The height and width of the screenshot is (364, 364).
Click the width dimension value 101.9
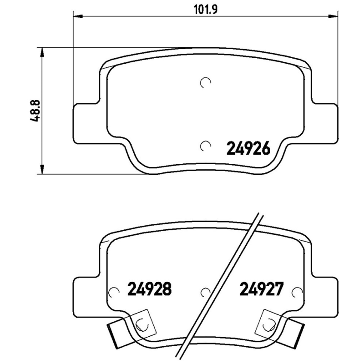tap(206, 10)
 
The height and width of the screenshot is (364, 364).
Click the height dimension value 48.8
tap(35, 111)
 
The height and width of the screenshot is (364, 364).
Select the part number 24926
tap(248, 148)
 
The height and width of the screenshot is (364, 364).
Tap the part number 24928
tap(150, 289)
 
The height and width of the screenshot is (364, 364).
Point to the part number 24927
tap(262, 289)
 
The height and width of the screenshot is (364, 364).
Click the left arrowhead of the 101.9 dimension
tap(78, 16)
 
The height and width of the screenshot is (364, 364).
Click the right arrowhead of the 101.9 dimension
tap(333, 16)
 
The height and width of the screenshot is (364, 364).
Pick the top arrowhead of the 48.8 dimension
tap(42, 52)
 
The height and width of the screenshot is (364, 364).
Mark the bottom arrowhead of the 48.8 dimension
tap(42, 169)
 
